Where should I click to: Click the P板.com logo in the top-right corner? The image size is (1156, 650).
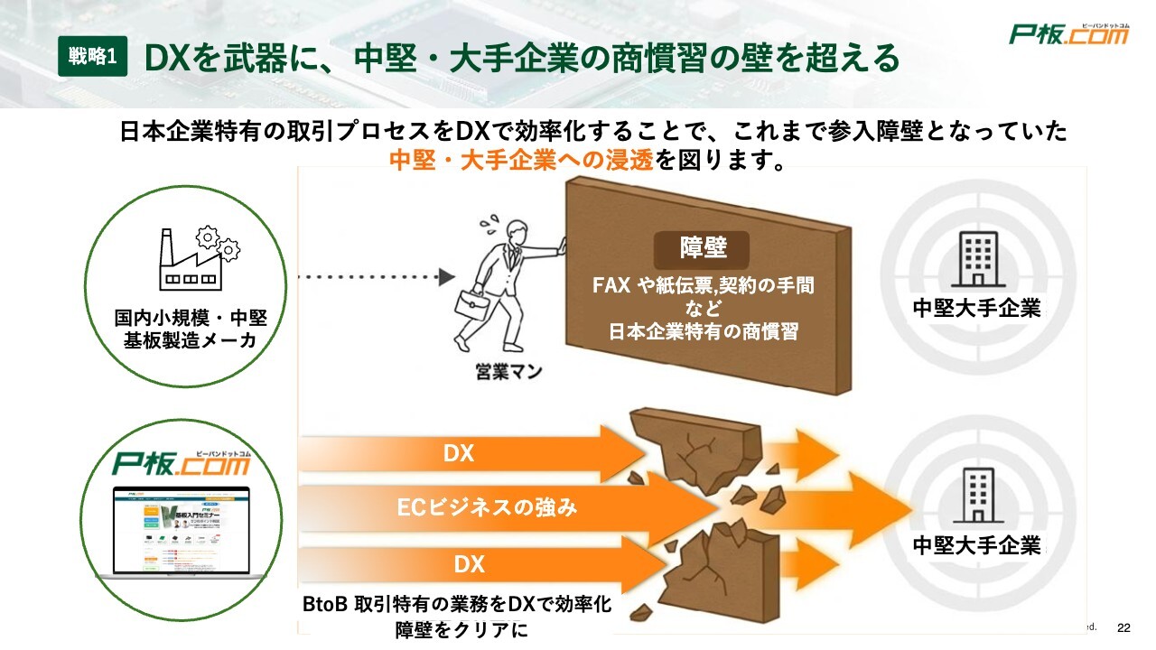pos(1069,33)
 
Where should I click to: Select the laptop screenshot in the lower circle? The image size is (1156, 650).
pos(181,532)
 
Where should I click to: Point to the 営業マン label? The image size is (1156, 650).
pos(508,371)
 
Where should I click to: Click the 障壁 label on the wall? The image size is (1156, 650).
pos(703,247)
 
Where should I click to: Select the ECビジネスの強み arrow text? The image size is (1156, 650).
pos(487,507)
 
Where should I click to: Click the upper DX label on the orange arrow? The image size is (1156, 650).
pos(458,453)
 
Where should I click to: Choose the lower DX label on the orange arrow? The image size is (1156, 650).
pos(469,565)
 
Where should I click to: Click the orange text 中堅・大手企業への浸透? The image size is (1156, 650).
pos(522,161)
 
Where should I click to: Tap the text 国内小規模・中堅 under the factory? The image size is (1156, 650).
pos(191,319)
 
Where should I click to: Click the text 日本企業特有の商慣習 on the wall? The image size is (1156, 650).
pos(704,330)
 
